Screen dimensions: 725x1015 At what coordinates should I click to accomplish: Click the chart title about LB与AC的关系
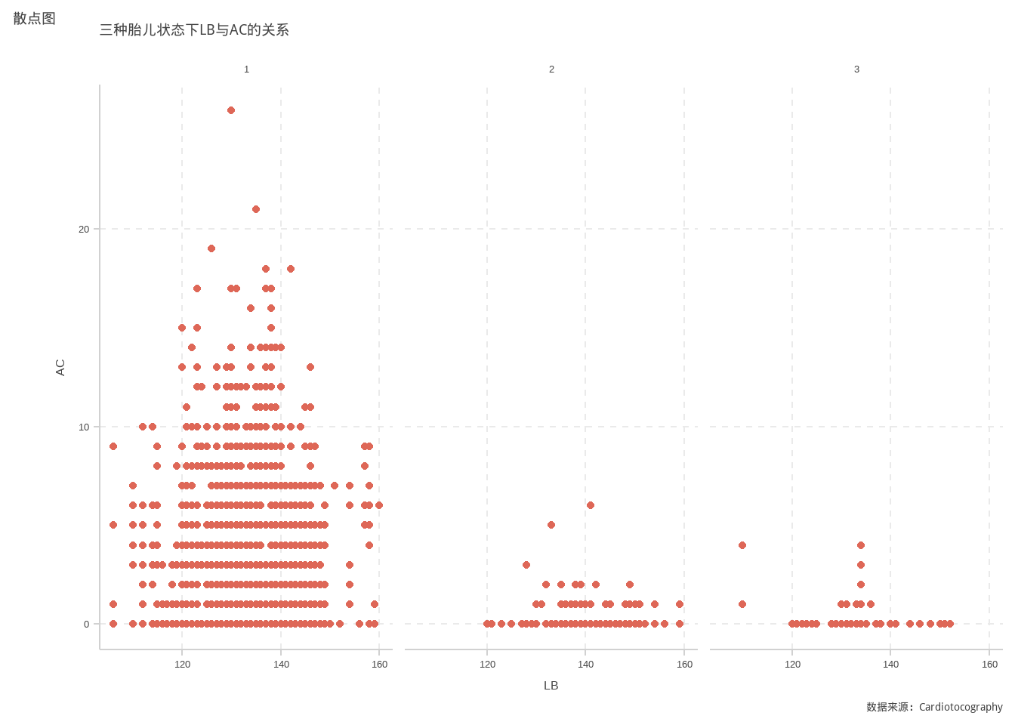tap(194, 30)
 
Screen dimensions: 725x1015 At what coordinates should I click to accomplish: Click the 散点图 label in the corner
tap(35, 19)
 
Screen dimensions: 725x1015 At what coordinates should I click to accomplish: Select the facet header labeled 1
tap(246, 69)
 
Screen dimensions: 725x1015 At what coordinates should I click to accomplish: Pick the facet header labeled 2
tap(551, 69)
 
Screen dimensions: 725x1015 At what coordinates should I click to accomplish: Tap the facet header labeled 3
tap(856, 69)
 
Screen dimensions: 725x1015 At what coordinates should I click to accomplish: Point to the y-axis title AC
tap(60, 368)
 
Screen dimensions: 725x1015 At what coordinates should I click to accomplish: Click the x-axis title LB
tap(551, 686)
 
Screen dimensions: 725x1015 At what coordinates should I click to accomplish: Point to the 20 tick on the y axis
tap(84, 230)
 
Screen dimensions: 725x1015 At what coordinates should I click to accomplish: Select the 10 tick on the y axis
tap(84, 427)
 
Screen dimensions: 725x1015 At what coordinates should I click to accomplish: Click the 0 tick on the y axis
tap(86, 625)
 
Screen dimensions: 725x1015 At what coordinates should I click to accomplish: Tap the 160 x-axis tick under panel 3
tap(989, 665)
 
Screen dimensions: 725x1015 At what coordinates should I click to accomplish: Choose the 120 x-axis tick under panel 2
tap(487, 665)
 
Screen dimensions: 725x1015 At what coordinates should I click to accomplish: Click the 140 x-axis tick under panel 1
tap(281, 665)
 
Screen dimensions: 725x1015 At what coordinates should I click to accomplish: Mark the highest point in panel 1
tap(231, 110)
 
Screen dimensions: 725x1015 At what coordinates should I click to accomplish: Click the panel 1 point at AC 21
tap(256, 209)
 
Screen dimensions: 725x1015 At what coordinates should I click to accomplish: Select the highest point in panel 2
tap(591, 505)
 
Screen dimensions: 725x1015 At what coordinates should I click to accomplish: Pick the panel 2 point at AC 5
tap(551, 525)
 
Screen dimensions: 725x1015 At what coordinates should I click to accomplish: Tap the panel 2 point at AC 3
tap(526, 565)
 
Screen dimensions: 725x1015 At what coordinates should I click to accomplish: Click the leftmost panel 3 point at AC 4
tap(742, 545)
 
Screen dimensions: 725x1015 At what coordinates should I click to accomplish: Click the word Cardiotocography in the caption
tap(961, 707)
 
